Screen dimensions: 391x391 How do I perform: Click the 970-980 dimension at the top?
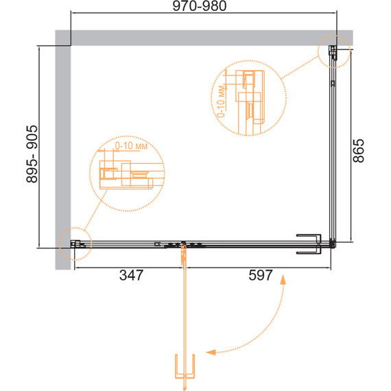200,6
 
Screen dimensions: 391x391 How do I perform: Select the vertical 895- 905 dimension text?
32,154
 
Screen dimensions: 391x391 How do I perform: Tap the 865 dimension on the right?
358,151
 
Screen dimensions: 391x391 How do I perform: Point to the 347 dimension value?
131,275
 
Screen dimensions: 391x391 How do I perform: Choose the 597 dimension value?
261,275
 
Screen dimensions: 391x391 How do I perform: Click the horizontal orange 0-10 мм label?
131,145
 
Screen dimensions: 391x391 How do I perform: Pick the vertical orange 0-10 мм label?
221,102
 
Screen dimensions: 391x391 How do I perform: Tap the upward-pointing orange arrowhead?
283,280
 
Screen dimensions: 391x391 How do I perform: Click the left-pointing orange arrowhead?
211,352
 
